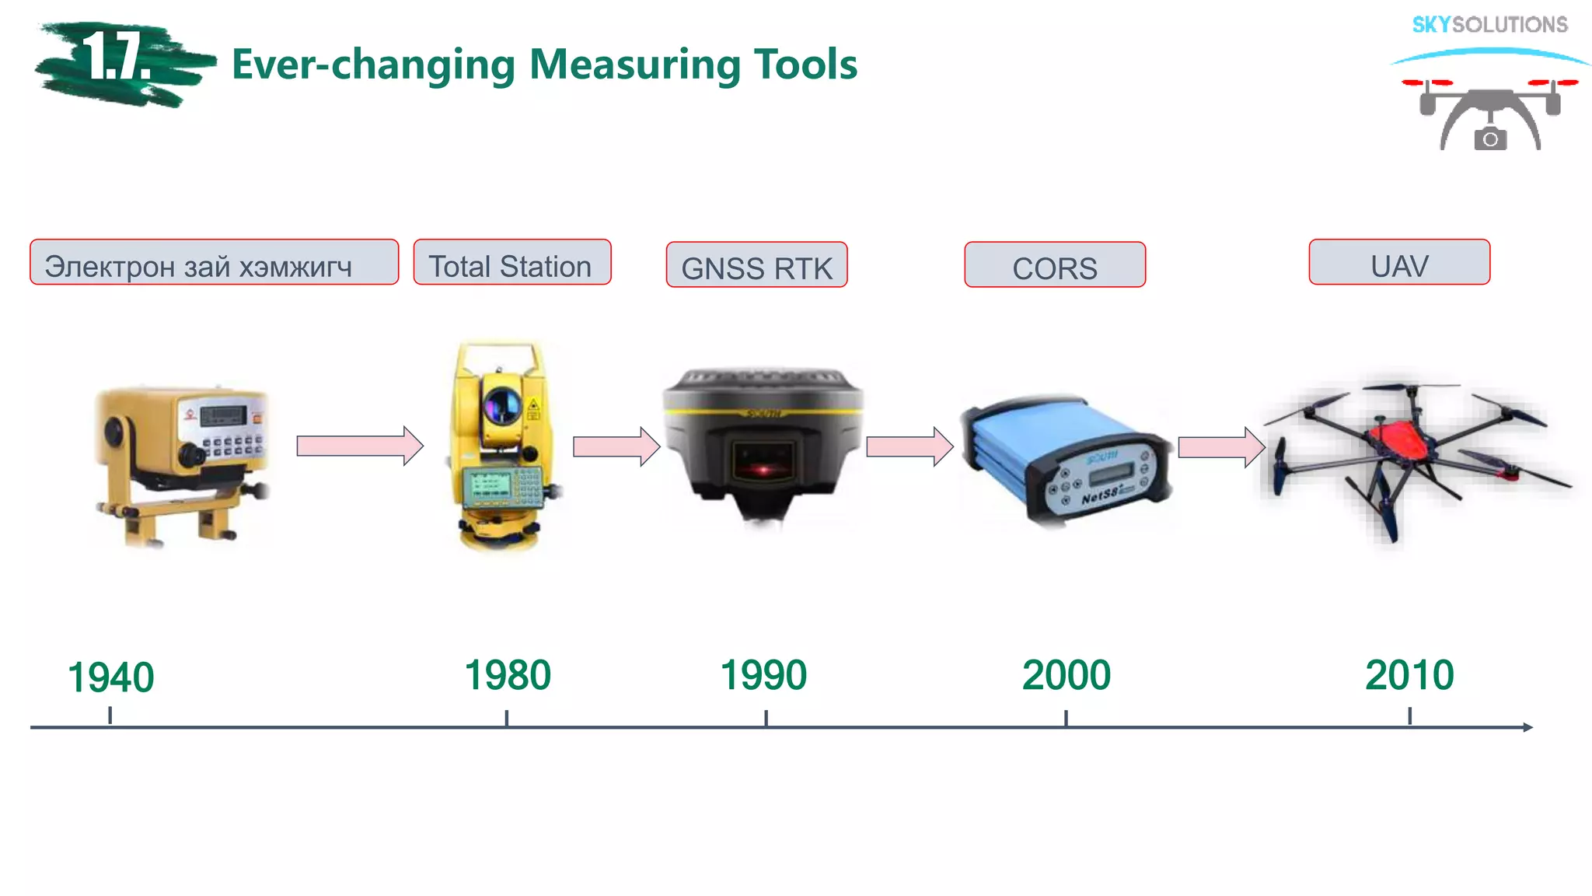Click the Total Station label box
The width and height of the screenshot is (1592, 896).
pyautogui.click(x=511, y=263)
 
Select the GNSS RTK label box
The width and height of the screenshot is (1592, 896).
pyautogui.click(x=756, y=265)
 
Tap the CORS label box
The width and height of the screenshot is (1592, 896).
pyautogui.click(x=1054, y=265)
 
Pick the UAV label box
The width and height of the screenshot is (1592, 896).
pyautogui.click(x=1398, y=263)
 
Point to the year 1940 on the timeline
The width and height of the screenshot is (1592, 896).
pyautogui.click(x=111, y=677)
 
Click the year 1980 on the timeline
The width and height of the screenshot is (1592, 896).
pyautogui.click(x=508, y=675)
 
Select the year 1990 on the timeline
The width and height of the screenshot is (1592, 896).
pyautogui.click(x=763, y=675)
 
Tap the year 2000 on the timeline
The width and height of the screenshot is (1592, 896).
pyautogui.click(x=1066, y=675)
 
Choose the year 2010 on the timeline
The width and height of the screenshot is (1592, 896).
pyautogui.click(x=1409, y=675)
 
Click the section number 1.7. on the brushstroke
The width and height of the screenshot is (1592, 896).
pyautogui.click(x=117, y=58)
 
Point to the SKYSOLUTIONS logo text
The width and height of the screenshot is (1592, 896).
pyautogui.click(x=1489, y=25)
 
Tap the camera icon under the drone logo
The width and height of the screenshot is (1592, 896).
pyautogui.click(x=1489, y=139)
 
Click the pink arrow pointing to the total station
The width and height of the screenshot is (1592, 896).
pyautogui.click(x=360, y=446)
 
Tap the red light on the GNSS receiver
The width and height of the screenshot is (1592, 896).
pyautogui.click(x=764, y=469)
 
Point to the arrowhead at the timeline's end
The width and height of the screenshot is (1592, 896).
pyautogui.click(x=1527, y=727)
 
